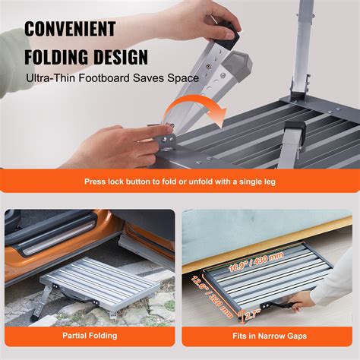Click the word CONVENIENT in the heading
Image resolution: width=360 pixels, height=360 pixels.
tap(70, 30)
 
